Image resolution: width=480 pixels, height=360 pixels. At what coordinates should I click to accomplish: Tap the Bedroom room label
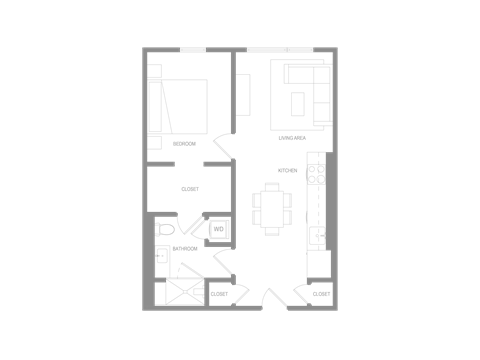pos(184,144)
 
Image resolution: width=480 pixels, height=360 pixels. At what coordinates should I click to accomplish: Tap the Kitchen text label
pos(288,171)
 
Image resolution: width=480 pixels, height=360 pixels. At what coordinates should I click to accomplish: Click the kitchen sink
pos(318,236)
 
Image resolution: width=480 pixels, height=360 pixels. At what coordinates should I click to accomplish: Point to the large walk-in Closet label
pos(189,188)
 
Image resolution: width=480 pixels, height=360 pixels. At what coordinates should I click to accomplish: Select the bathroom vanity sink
pos(160,257)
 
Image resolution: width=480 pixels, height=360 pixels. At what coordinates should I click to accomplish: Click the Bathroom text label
pos(183,248)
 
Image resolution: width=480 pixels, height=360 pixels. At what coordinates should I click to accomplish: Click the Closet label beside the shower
pos(219,294)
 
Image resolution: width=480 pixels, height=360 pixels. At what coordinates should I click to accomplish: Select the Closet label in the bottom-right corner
pos(321,294)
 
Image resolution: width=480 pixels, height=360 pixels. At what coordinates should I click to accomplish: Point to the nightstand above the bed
pos(154,71)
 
